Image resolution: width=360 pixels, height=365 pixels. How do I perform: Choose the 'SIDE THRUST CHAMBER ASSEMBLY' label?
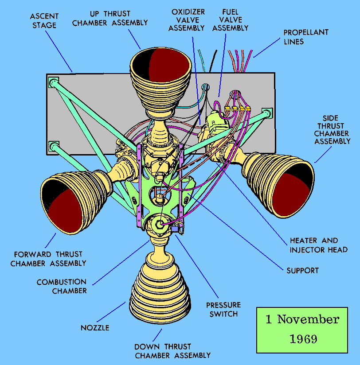332,130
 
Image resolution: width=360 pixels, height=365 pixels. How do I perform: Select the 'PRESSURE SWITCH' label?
223,309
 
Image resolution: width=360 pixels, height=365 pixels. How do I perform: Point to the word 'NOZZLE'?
94,328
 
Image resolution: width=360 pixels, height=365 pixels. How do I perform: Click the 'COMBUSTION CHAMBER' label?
62,286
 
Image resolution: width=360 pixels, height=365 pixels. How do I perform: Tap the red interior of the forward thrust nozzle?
67,210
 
